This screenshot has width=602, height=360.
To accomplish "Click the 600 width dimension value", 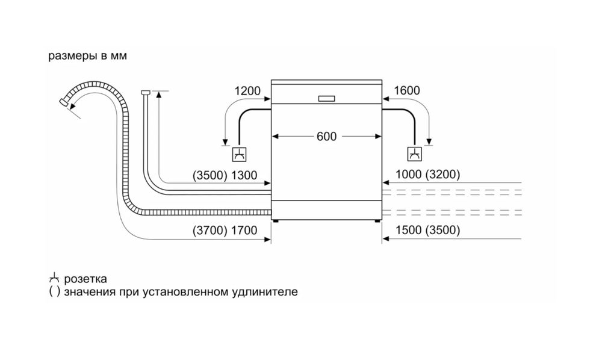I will coord(326,137).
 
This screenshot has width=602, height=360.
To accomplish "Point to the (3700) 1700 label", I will coord(226,231).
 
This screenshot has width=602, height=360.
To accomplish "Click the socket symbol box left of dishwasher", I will coord(239,154).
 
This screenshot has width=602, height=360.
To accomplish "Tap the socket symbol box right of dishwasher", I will coord(415,154).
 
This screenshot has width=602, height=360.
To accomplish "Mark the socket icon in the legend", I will coord(54,279).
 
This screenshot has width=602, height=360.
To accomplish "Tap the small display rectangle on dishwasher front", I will coord(326,98).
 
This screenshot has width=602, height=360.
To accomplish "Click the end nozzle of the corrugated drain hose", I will coord(62,103).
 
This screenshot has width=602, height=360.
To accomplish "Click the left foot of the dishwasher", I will coord(276,221).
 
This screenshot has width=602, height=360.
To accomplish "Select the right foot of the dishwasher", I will coord(377,221).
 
